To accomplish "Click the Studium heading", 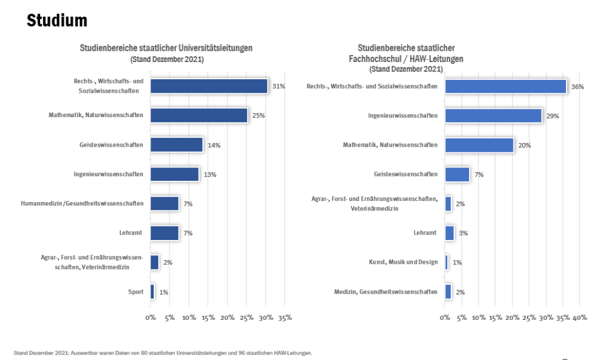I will pos(57,21).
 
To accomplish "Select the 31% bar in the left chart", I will pos(209,86).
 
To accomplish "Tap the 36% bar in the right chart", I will pos(506,86).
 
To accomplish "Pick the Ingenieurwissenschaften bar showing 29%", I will pos(493,116).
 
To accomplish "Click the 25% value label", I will pos(258,116).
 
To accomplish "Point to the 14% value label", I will pos(214,145).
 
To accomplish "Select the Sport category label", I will pos(135,291).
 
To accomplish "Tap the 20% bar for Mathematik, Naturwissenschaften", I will pos(479,145).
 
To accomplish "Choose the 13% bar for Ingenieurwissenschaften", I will pos(175,174).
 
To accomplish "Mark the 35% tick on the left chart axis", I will pos(285,318).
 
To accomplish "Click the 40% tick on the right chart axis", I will pos(580,318).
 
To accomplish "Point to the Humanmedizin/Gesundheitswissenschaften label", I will pos(82,203).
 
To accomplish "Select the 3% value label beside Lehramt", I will pos(463,233).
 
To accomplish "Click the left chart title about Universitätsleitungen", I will pos(166,48).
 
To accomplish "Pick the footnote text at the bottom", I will pos(162,353).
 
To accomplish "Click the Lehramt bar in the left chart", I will pos(165,233).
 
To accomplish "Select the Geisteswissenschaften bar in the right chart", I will pos(457,174).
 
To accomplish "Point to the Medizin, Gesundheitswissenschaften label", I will pos(386,291).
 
